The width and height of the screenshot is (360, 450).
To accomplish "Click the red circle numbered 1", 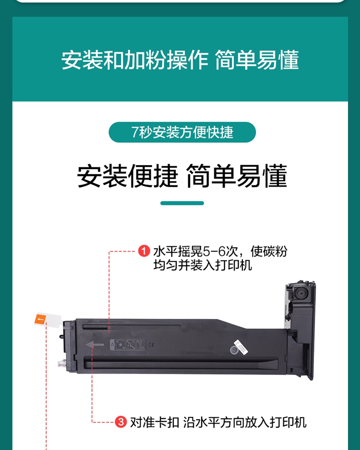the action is point(144,251).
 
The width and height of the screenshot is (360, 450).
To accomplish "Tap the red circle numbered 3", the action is point(121,422).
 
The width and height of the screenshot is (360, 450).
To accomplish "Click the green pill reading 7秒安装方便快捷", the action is point(182,132).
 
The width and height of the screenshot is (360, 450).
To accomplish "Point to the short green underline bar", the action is point(182,203).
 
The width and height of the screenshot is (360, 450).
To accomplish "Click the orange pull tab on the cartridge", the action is point(40,319).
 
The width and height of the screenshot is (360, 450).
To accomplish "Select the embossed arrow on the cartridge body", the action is point(95,344).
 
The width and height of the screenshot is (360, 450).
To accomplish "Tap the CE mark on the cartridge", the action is point(152,345).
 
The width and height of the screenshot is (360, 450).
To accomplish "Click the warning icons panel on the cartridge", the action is point(128,345).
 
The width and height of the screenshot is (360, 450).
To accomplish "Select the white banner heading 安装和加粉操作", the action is point(134,60).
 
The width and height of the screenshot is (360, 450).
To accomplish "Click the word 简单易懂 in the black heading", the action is point(237,176).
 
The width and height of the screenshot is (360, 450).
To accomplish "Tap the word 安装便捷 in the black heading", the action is point(127,176).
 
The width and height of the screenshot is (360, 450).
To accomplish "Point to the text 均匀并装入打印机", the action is point(203,265).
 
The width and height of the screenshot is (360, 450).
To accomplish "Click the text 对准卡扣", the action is point(155,422).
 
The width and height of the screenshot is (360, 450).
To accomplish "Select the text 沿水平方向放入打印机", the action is point(245,422).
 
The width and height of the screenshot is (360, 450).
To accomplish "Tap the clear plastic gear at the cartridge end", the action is point(62,364).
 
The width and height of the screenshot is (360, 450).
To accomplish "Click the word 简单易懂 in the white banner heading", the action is point(257,60).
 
